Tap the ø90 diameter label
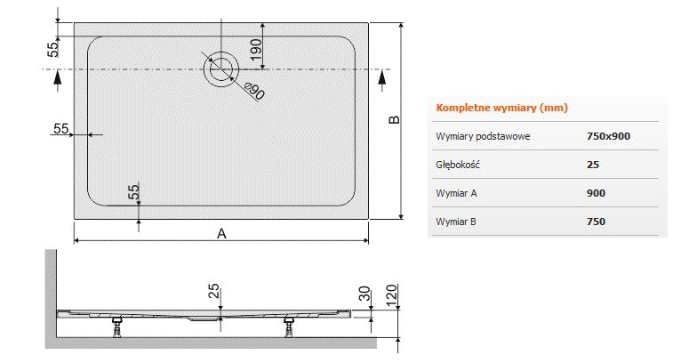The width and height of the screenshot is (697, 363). (252, 90)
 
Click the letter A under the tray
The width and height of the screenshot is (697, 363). (222, 234)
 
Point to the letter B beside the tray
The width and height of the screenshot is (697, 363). (396, 120)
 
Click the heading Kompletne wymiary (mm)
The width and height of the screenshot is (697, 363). (501, 109)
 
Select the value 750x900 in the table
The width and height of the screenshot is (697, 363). (609, 136)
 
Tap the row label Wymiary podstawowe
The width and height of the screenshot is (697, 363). (484, 136)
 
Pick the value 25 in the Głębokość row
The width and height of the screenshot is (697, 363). (593, 165)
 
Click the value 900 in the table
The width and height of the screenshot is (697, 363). (596, 192)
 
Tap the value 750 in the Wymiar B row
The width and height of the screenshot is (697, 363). (596, 221)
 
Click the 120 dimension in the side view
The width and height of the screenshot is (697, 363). (392, 294)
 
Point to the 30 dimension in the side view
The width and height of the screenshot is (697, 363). (364, 294)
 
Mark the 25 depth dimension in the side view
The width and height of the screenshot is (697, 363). (213, 291)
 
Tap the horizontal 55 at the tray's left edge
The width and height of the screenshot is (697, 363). (61, 129)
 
